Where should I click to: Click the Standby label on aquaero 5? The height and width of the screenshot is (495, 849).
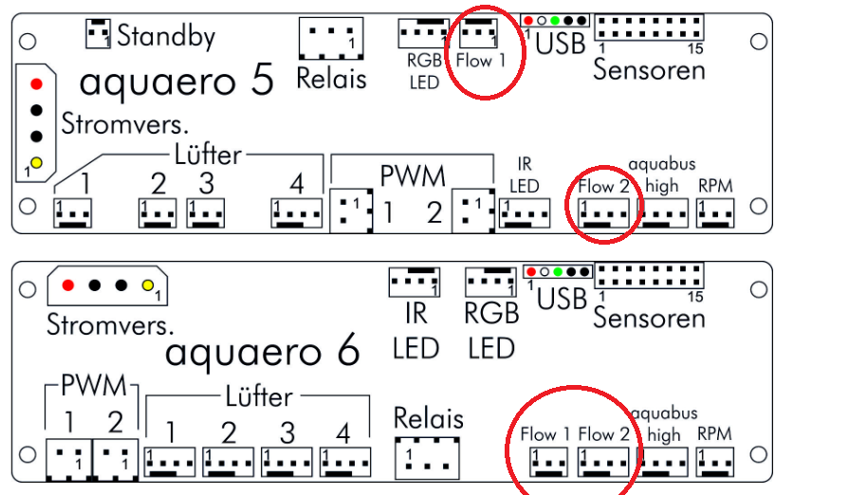tap(165, 36)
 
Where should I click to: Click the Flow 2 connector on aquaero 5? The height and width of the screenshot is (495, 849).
tap(604, 213)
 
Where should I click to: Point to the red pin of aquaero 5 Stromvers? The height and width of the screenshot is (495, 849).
tap(36, 83)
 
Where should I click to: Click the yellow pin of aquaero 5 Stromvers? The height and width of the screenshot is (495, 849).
tap(36, 163)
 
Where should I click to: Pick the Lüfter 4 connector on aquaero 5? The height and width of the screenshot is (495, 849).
tap(296, 212)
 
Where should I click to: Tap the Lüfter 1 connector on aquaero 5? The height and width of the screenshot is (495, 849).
tap(73, 212)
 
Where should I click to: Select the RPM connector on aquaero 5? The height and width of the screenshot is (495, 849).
tap(714, 213)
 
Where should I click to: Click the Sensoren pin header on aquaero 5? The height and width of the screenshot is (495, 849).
tap(650, 27)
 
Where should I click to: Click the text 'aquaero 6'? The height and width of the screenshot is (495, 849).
tap(263, 353)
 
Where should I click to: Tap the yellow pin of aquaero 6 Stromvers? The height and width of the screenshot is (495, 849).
tap(147, 285)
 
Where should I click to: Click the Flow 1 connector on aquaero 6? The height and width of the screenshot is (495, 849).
tap(548, 461)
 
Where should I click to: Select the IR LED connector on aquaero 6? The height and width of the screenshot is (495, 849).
tap(414, 283)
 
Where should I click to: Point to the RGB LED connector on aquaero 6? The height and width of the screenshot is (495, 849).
tap(489, 283)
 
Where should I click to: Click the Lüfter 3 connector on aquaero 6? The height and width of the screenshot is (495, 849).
tap(286, 461)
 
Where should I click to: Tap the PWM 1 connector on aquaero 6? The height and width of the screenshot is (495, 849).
tap(68, 461)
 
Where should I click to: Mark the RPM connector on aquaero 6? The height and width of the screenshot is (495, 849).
tap(714, 461)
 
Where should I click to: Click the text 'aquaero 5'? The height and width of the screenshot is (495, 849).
tap(176, 82)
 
